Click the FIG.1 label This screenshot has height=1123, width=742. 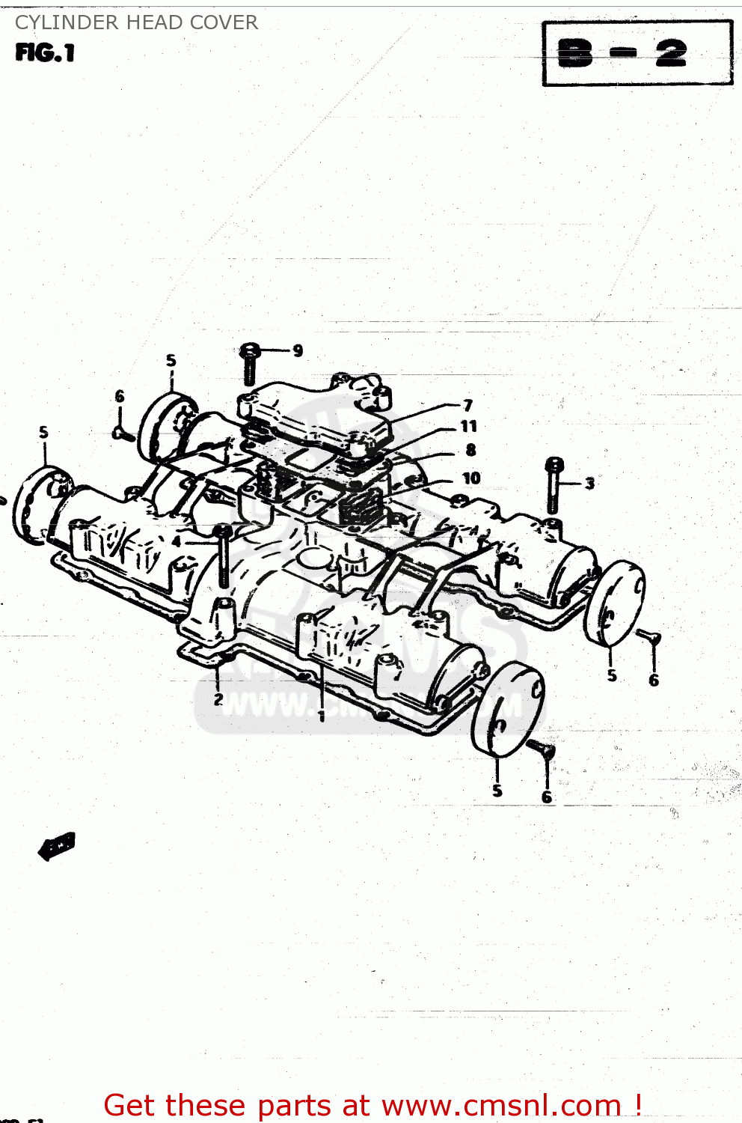point(45,53)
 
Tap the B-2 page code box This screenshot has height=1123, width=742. point(637,53)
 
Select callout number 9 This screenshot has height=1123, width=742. point(298,350)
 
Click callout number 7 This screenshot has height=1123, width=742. point(468,405)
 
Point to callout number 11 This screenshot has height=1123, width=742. point(469,426)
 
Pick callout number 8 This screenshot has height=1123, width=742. point(470,450)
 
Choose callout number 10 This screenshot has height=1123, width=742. point(471,478)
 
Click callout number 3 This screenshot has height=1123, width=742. point(589,484)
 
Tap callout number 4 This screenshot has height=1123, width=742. point(177,541)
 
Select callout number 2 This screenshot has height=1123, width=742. point(218,699)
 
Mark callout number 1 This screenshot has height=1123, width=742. point(322,716)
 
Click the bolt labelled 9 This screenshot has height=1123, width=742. point(250,363)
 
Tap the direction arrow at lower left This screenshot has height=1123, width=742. point(57,846)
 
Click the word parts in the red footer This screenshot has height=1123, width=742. point(290,1105)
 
